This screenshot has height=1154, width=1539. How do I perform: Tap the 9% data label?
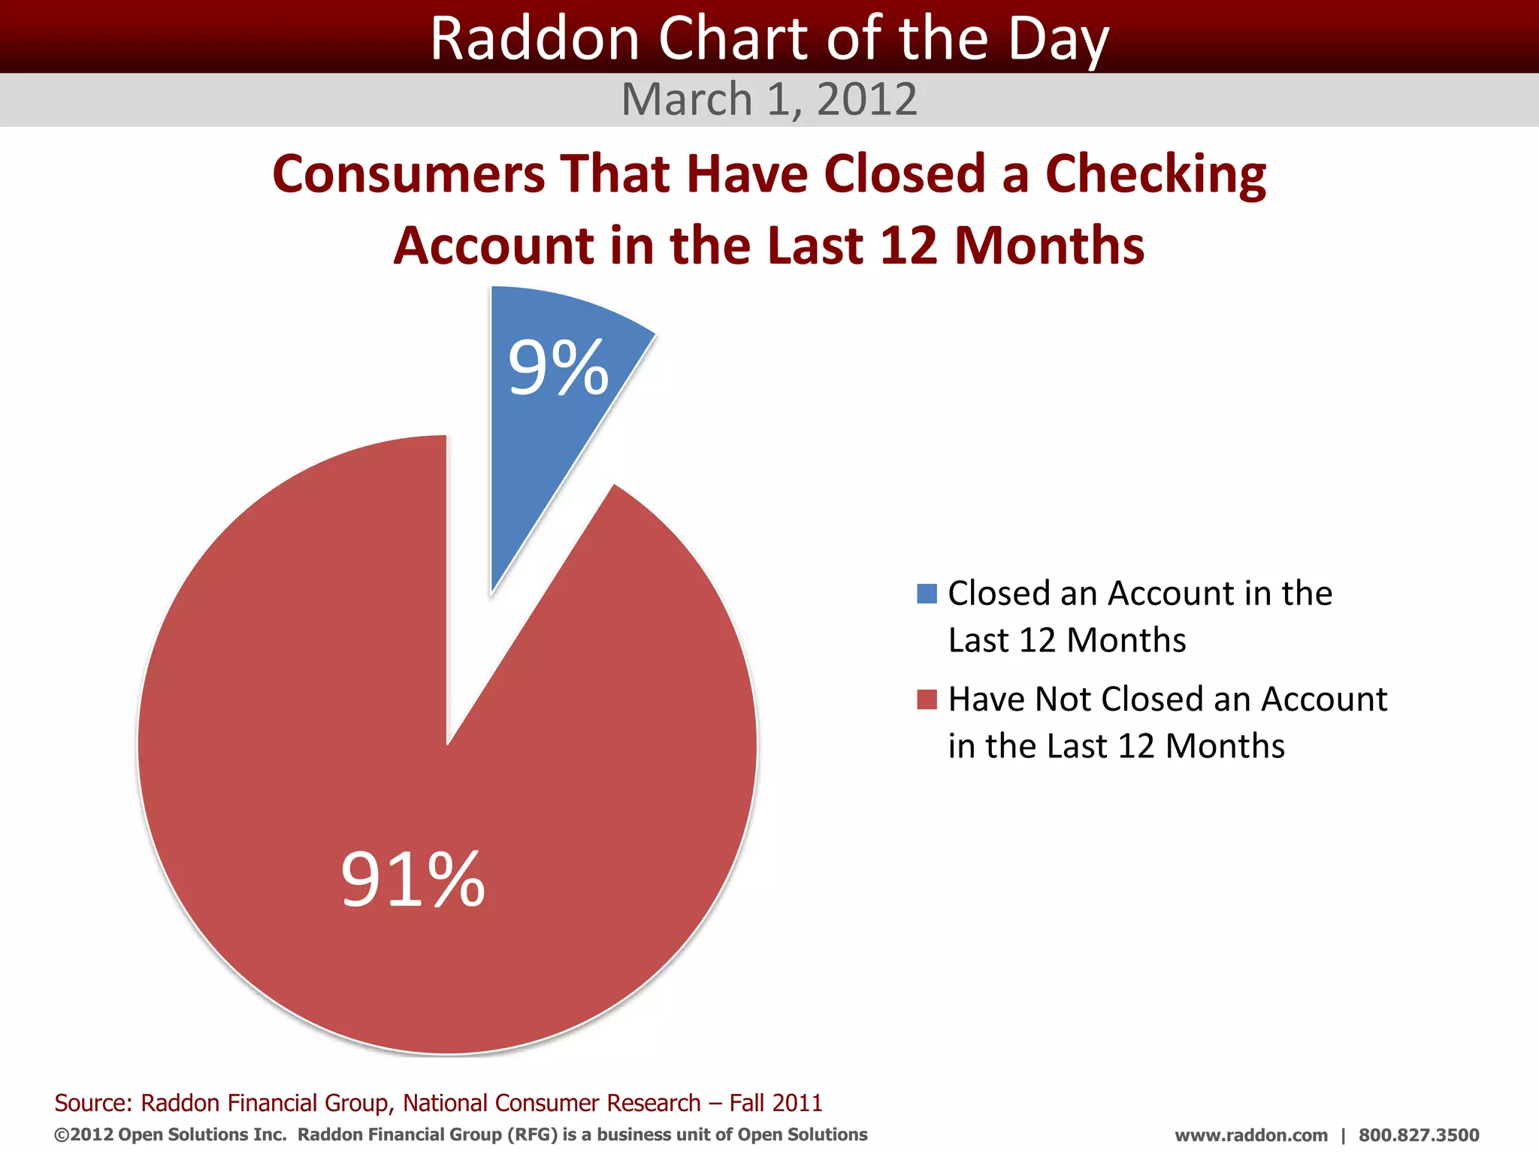click(558, 368)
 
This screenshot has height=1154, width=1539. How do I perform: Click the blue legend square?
click(927, 594)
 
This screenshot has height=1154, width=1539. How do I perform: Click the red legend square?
click(927, 699)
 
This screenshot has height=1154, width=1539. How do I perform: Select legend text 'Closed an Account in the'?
click(1139, 594)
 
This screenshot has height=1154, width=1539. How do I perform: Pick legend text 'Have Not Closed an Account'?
click(1167, 699)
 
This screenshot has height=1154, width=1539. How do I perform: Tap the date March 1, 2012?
click(769, 99)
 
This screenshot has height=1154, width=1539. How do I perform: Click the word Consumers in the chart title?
click(408, 174)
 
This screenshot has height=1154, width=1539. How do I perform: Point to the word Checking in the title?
click(1155, 174)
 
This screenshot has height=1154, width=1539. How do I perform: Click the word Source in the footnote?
click(92, 1103)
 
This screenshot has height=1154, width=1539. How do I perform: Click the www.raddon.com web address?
click(1250, 1135)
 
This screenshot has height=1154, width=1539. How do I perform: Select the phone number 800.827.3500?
click(1418, 1135)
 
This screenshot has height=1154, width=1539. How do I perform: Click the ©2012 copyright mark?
click(83, 1134)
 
